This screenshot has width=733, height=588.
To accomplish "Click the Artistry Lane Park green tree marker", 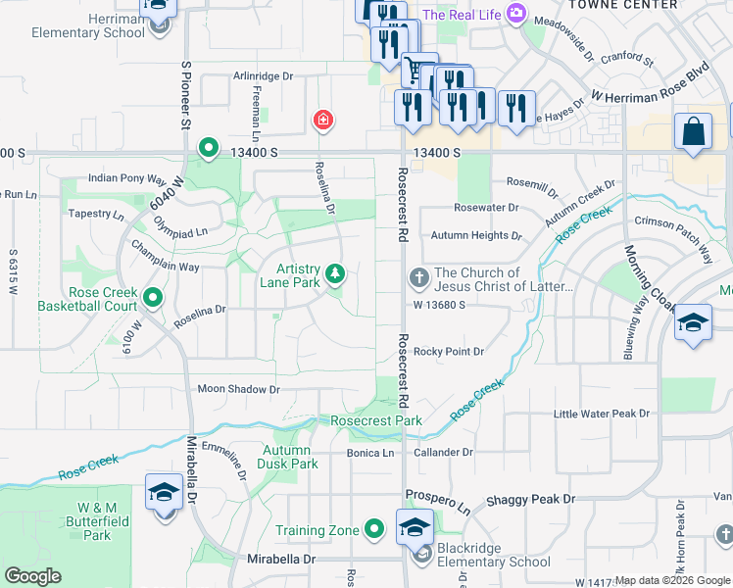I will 335,273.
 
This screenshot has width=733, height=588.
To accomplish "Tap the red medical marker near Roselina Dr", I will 321,121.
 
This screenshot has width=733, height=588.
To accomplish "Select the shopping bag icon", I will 693,132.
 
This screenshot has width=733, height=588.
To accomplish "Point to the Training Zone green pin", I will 373,530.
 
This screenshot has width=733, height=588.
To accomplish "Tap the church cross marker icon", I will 418,278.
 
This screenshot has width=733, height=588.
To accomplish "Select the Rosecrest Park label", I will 376,420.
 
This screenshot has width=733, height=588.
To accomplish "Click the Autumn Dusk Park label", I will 290,457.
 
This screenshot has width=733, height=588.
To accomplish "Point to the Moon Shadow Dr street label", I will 238,389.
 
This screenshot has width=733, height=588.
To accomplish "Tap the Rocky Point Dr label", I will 448,351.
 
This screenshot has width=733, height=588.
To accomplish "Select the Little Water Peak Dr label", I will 602,414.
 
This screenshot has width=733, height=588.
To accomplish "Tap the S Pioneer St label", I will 184,96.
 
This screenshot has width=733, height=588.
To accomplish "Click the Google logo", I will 33,576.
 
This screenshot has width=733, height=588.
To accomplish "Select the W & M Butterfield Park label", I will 97,521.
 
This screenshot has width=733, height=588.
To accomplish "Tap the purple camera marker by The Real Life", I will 516,15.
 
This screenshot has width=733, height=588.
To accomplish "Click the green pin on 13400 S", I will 208,149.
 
